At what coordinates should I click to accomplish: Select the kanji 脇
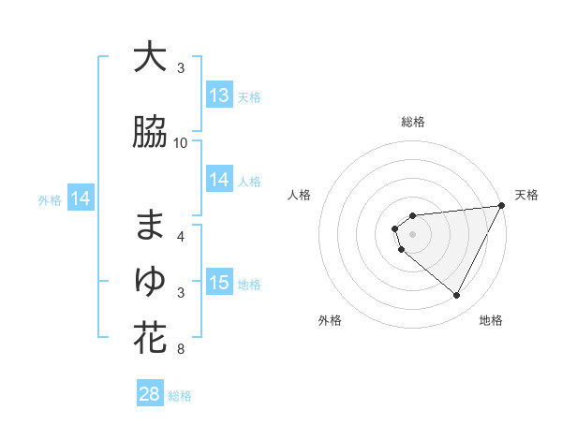tap(150, 134)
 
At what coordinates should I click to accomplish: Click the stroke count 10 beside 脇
tap(181, 143)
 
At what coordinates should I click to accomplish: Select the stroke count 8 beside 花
tap(180, 350)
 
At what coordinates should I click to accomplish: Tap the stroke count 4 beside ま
tap(181, 237)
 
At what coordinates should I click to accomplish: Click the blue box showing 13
tap(219, 95)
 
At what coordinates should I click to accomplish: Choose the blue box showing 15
tap(219, 283)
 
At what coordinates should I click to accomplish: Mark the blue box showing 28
tap(150, 394)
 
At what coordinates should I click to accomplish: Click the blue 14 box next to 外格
tap(81, 198)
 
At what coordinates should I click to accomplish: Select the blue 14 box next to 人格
tap(219, 180)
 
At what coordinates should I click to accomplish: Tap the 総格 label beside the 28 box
tap(181, 396)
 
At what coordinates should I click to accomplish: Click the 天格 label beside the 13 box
tap(249, 96)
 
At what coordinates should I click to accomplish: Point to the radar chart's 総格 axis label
tap(413, 122)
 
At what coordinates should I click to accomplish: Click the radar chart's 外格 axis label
tap(330, 320)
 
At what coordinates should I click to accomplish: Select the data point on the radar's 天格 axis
tap(503, 206)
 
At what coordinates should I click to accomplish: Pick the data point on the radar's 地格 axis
tap(457, 296)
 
